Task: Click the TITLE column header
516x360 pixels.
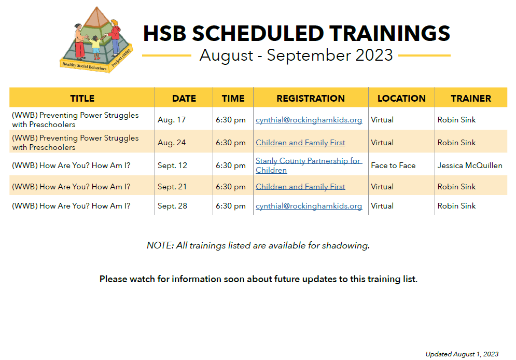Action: [x=82, y=99]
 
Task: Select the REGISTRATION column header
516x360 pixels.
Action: [x=311, y=99]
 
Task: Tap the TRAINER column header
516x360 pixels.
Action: [x=471, y=99]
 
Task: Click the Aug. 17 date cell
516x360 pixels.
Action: [x=172, y=120]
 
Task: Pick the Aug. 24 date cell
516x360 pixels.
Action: [x=172, y=143]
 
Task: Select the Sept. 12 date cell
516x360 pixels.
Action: [x=172, y=165]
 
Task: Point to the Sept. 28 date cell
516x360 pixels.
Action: [x=172, y=205]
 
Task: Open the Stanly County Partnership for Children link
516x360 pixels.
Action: [x=309, y=165]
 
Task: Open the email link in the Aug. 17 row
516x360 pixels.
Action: [x=309, y=120]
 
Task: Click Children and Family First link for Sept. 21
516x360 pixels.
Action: [x=300, y=187]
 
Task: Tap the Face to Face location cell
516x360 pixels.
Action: [x=393, y=165]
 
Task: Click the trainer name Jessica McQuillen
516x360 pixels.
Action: [x=470, y=165]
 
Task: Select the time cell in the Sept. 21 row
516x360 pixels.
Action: [x=231, y=187]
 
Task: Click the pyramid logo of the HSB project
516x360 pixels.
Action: [x=96, y=39]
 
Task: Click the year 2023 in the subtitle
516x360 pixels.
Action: [x=374, y=55]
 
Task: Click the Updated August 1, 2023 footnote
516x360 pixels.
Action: [x=462, y=354]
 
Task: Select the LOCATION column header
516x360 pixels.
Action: [x=401, y=99]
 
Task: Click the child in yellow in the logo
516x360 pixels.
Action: [x=96, y=47]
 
